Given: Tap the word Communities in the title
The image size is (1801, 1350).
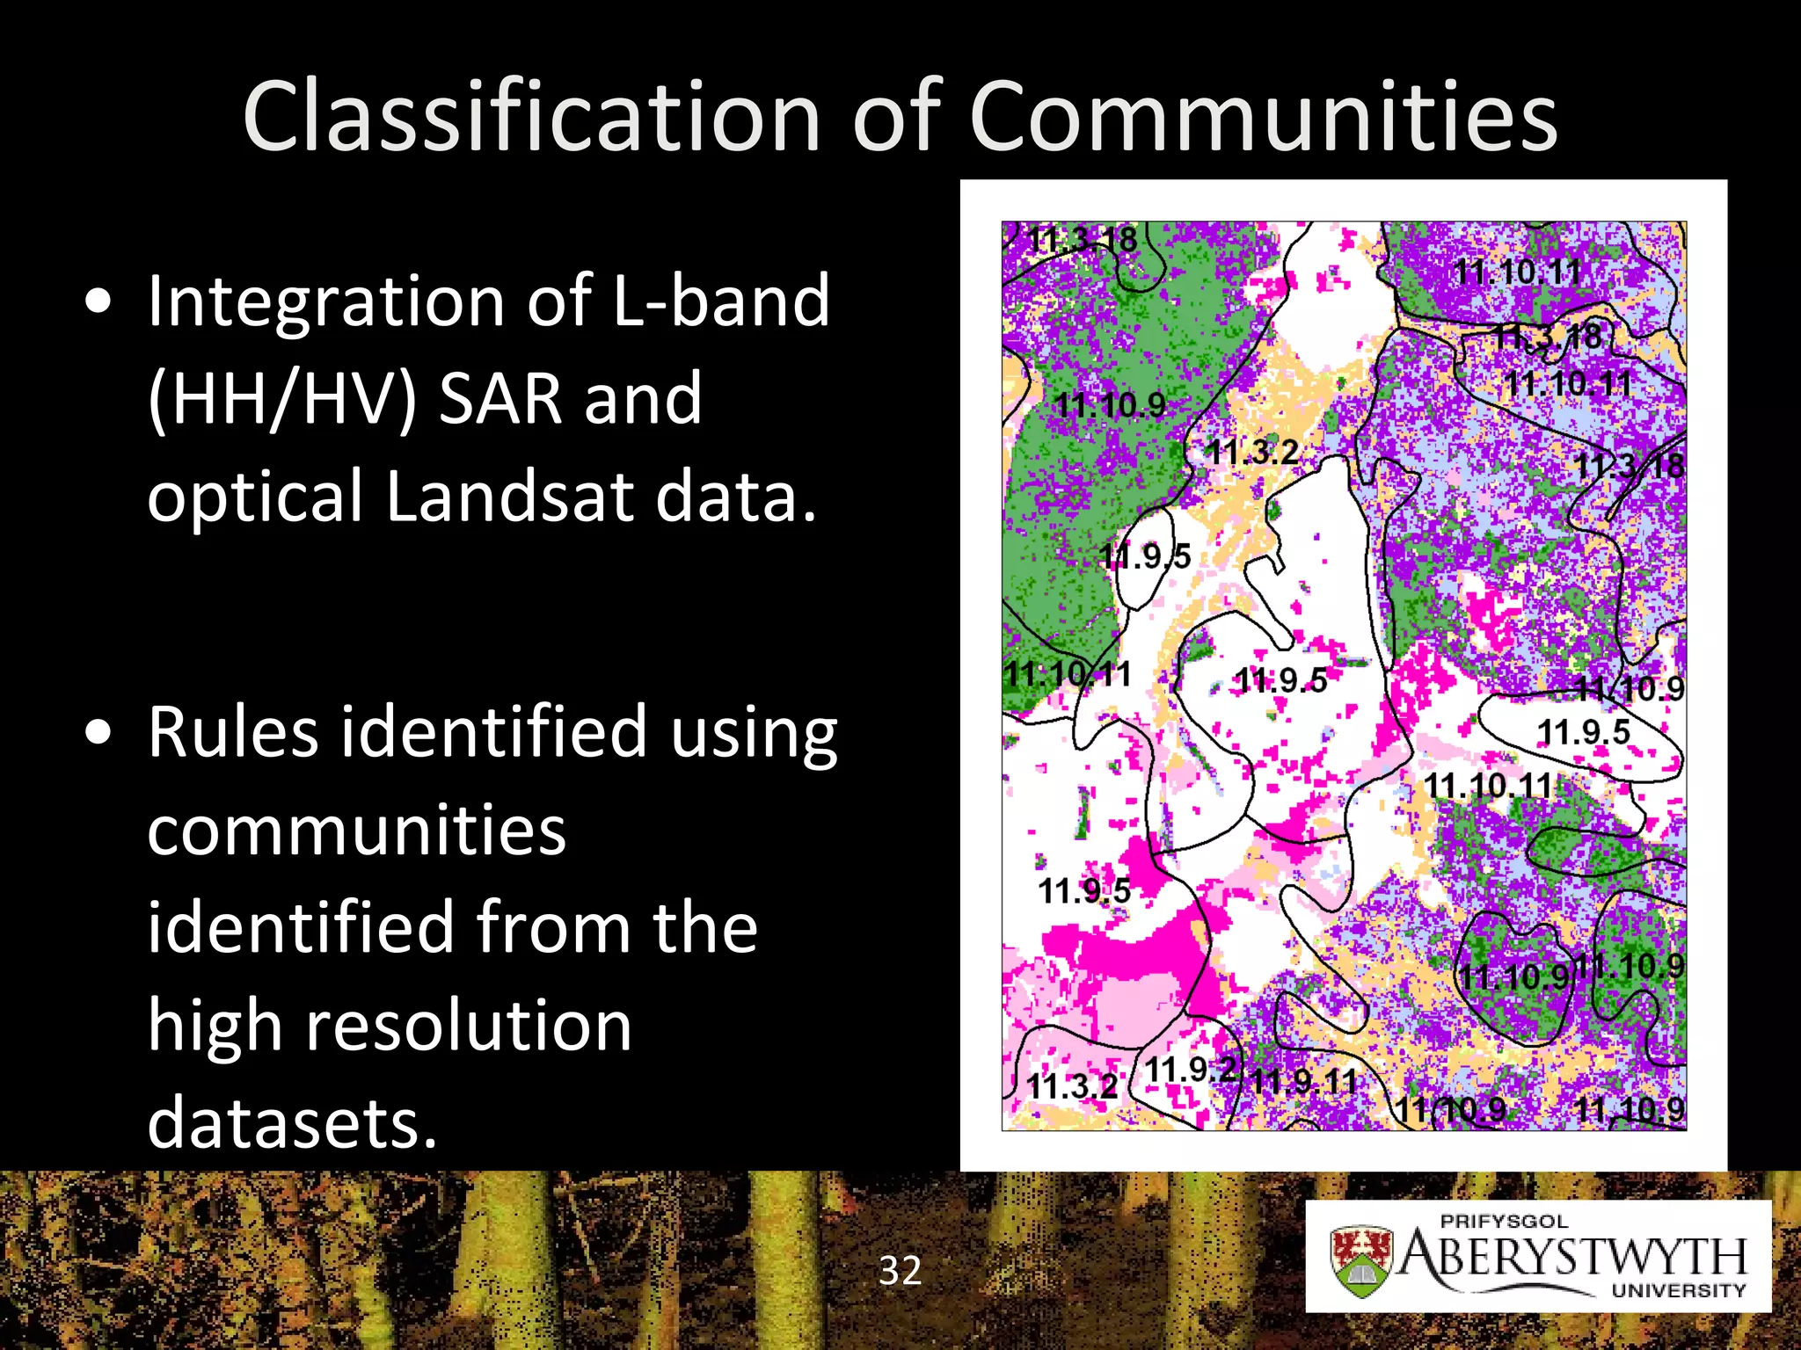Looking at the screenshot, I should (1264, 117).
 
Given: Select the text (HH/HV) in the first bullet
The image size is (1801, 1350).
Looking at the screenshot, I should (282, 399).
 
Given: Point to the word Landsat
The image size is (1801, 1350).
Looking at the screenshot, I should (509, 496).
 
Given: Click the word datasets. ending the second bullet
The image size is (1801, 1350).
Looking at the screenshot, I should (292, 1123).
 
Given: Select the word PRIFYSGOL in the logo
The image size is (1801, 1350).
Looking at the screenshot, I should (1504, 1221).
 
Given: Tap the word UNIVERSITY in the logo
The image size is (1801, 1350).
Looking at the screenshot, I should (1678, 1290).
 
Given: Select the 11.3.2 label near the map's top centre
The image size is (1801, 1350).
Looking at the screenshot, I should (1251, 453).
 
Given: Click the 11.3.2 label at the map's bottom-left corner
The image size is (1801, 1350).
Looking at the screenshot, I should (1072, 1086).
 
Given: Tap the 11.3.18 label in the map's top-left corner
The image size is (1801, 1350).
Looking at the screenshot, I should (1083, 239).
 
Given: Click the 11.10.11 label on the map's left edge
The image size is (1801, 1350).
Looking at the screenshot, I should (1068, 675).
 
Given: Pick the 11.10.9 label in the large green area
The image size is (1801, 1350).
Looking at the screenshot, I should (1110, 405).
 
